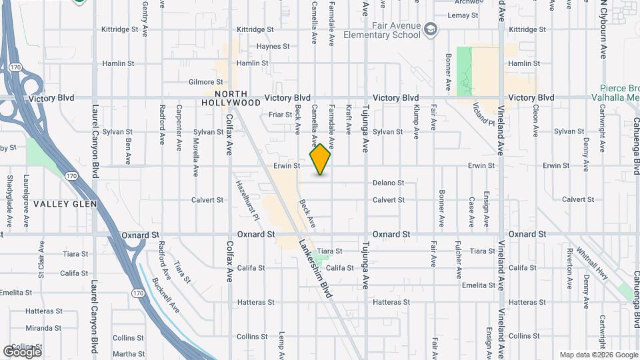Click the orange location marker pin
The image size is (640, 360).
click(320, 159)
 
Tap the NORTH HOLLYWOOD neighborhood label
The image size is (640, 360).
click(232, 99)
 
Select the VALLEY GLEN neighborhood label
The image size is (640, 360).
click(65, 204)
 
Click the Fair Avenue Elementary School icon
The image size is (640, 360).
click(431, 29)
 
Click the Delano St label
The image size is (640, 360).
click(388, 183)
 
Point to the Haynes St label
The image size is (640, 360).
click(273, 47)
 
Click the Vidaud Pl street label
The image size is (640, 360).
click(484, 114)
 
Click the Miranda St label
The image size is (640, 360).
click(43, 328)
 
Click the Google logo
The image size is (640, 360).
click(22, 351)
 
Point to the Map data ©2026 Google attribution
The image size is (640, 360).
click(598, 355)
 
